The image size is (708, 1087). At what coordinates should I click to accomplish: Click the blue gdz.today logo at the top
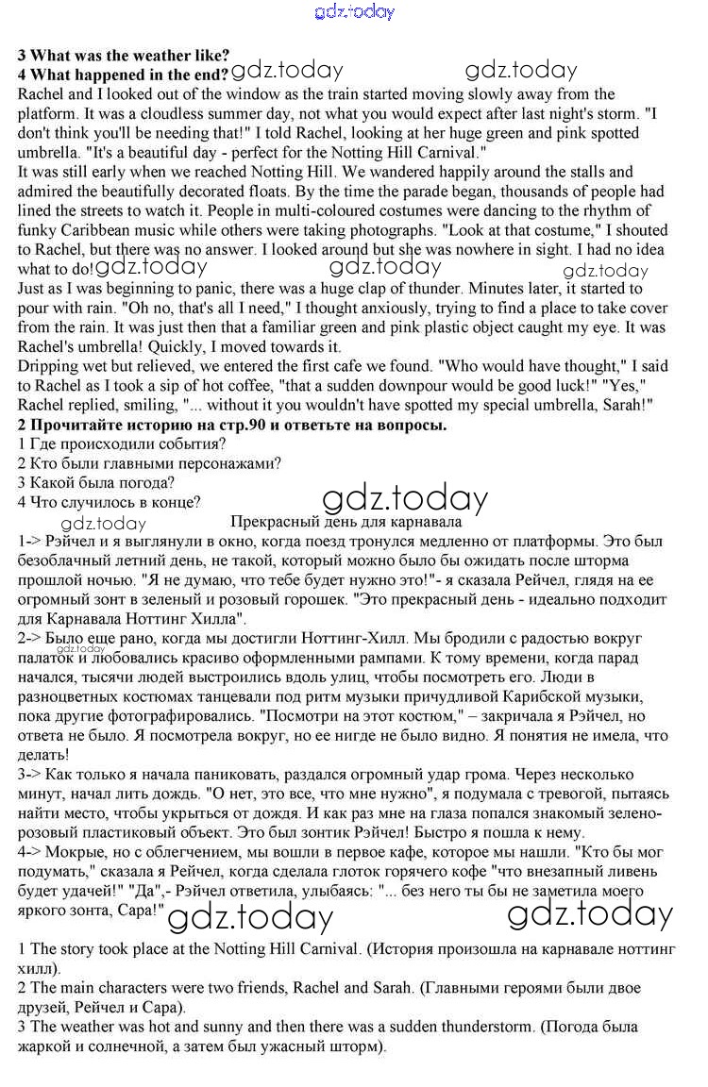(353, 11)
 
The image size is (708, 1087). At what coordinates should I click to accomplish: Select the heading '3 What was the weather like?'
(124, 55)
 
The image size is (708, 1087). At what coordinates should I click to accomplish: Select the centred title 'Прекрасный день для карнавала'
(346, 522)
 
